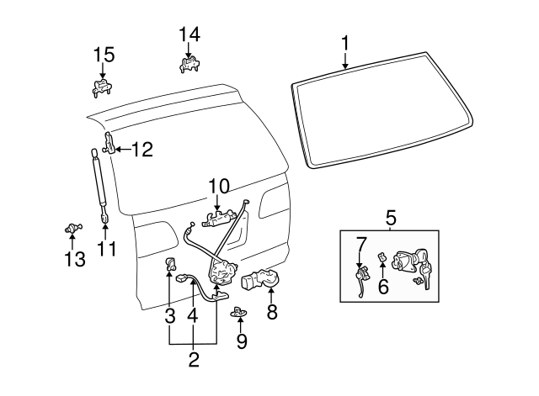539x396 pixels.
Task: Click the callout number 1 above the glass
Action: click(344, 42)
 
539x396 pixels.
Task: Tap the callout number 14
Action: click(190, 34)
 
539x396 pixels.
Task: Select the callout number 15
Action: click(103, 55)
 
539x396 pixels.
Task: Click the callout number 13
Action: click(75, 260)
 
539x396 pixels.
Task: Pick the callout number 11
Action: click(106, 249)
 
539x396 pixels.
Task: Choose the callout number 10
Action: click(218, 186)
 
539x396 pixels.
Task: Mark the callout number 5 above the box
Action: click(391, 219)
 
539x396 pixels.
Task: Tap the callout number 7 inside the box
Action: click(360, 244)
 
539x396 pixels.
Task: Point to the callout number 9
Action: click(242, 341)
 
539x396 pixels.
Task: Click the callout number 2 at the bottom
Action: click(193, 361)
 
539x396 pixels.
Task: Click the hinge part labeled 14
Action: click(190, 64)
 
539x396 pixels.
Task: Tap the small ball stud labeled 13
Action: click(73, 228)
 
